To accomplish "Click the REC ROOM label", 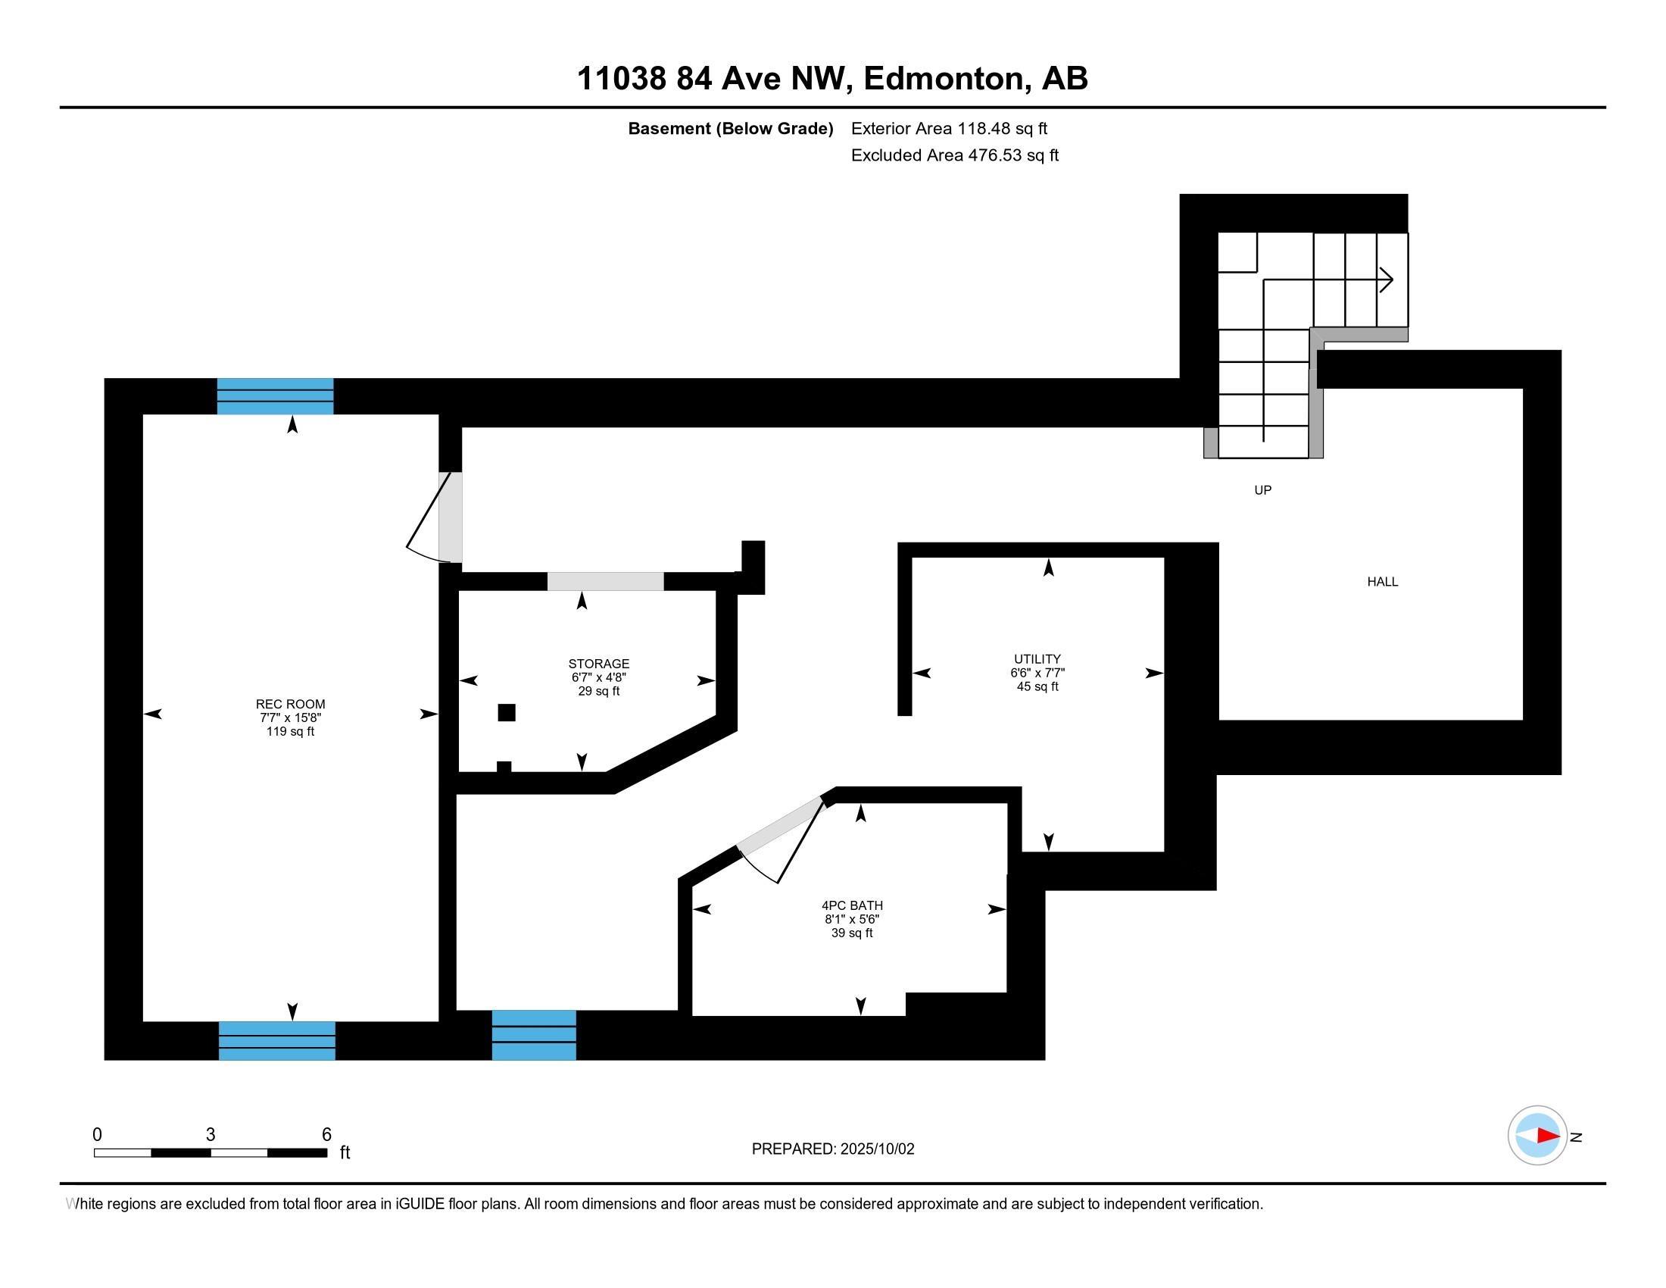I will click(290, 705).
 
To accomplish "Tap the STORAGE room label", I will click(598, 664).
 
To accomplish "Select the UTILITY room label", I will click(1037, 659).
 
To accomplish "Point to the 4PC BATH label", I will click(851, 905).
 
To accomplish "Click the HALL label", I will click(1381, 582).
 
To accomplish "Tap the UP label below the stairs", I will click(1262, 491).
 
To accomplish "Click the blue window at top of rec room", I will click(275, 396).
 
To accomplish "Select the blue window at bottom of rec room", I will click(276, 1041).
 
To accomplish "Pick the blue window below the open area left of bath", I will click(533, 1036).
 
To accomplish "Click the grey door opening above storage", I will click(605, 581).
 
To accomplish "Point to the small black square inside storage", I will click(506, 713).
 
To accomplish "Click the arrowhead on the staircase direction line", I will click(1386, 280).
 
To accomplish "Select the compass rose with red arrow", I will click(1537, 1136).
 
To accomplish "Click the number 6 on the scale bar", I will click(326, 1135).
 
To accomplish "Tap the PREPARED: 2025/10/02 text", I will click(832, 1149).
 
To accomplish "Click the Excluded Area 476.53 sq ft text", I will click(954, 155).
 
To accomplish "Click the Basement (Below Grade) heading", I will click(730, 129).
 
